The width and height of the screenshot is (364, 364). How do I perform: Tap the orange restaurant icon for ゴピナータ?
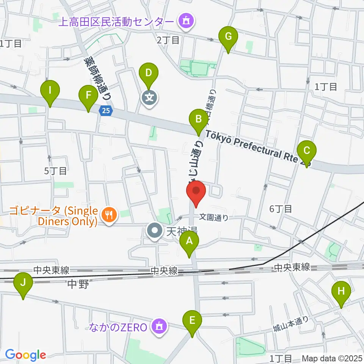click(x=109, y=216)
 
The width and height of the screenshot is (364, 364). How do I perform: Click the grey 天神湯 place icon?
click(x=155, y=231)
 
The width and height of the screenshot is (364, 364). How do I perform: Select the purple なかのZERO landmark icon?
click(x=160, y=326)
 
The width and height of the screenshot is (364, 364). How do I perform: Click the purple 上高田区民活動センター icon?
click(x=186, y=21)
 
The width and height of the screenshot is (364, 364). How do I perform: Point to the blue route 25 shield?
click(x=106, y=111)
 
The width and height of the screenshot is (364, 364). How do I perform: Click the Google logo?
click(x=25, y=355)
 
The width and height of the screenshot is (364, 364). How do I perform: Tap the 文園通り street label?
click(x=214, y=218)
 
